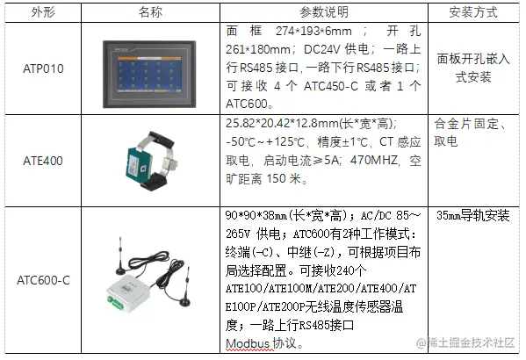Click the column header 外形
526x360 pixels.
coord(43,12)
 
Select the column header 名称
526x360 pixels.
coord(150,12)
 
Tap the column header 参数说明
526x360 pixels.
coord(324,12)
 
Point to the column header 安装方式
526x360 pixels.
coord(473,12)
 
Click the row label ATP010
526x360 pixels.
coord(43,68)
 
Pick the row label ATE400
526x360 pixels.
coord(43,161)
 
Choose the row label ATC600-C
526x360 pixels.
coord(43,280)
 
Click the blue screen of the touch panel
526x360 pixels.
coord(149,74)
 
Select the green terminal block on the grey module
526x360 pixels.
coord(115,303)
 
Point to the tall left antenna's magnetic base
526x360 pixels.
coord(119,270)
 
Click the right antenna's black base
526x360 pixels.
coord(184,302)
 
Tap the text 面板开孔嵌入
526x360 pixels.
coord(473,59)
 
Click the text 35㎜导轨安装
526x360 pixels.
coord(473,215)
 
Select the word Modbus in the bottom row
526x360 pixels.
coord(248,344)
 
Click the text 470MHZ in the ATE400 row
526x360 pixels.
coord(374,161)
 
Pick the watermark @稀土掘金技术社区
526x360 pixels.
coord(465,342)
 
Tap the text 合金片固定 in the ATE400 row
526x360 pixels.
coord(466,124)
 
